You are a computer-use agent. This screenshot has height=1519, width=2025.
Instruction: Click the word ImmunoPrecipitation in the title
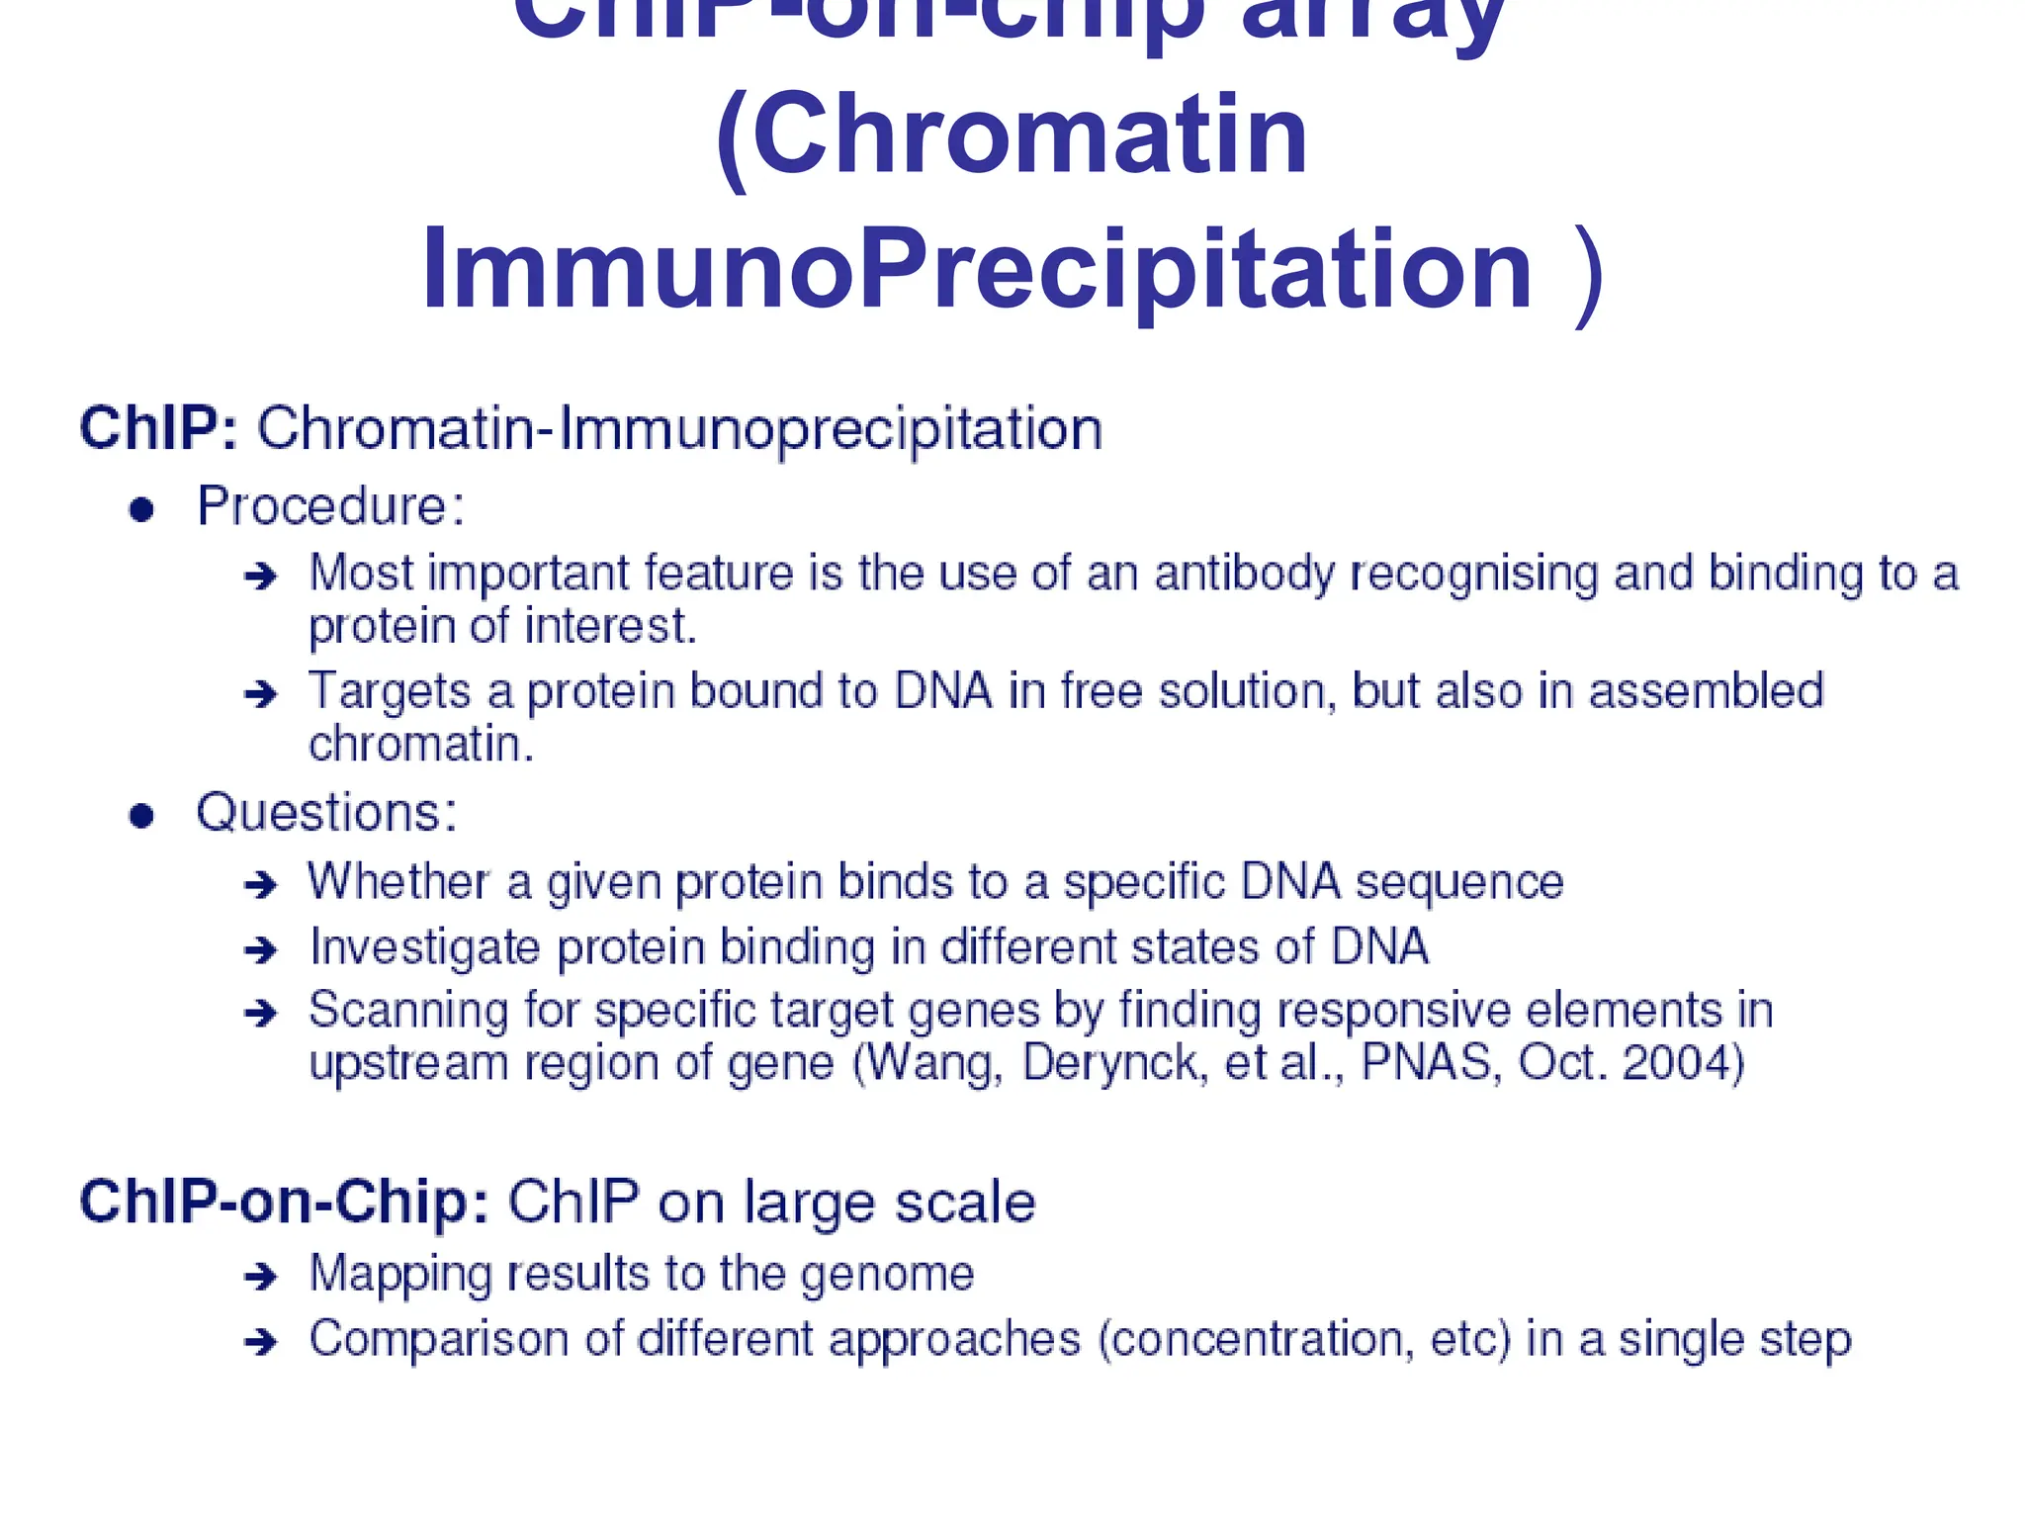click(977, 269)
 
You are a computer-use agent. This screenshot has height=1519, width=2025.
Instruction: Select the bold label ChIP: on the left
click(158, 429)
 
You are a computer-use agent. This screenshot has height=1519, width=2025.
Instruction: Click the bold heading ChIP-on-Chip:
click(284, 1203)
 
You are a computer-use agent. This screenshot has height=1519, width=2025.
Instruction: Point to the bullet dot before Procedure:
click(142, 509)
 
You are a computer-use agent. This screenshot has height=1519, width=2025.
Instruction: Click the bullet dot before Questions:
click(142, 816)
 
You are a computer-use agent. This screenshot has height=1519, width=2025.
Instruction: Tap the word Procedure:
click(330, 506)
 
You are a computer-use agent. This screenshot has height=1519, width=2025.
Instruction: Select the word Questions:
click(326, 813)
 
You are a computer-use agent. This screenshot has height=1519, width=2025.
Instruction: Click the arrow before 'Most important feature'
click(261, 576)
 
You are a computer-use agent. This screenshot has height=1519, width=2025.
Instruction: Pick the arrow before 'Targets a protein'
click(261, 694)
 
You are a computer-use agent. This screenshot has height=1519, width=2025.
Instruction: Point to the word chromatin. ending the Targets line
click(421, 744)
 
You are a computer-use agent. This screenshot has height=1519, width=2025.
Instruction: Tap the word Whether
click(398, 881)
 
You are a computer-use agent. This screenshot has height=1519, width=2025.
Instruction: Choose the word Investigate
click(424, 947)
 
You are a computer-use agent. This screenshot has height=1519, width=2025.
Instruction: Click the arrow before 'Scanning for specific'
click(261, 1013)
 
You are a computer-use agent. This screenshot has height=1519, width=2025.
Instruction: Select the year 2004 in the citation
click(1682, 1063)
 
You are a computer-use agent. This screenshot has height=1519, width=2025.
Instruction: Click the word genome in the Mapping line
click(887, 1275)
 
